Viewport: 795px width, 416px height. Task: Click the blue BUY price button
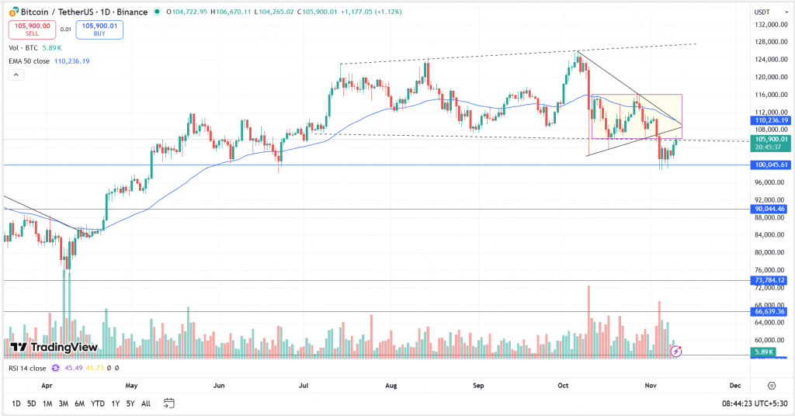(99, 29)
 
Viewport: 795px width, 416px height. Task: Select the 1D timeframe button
(16, 404)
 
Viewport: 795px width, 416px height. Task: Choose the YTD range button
(98, 404)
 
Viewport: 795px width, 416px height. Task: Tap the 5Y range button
(130, 404)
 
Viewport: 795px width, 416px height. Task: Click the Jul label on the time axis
(304, 385)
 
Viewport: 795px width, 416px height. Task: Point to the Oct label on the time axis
(564, 385)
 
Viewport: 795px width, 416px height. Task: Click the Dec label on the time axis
(734, 385)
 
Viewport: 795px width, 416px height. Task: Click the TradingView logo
(54, 347)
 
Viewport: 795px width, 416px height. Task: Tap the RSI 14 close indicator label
(28, 368)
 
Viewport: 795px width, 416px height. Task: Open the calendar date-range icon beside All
(169, 404)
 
